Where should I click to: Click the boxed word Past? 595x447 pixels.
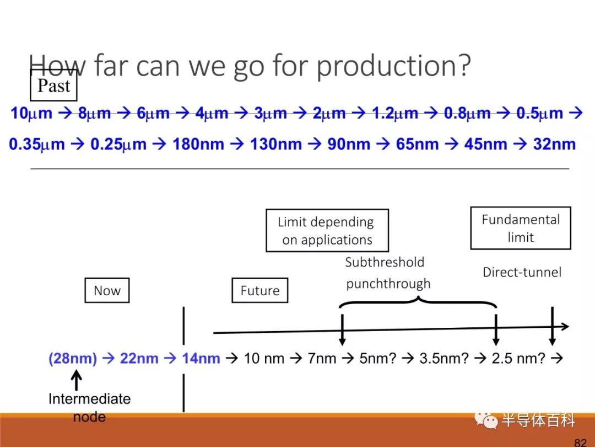click(53, 86)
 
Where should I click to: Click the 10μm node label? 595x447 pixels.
click(31, 113)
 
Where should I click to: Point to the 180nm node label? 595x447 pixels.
click(198, 144)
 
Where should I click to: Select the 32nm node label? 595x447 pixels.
click(554, 144)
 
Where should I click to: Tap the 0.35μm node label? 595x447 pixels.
click(37, 144)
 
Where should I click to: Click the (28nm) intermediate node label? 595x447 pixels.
click(73, 359)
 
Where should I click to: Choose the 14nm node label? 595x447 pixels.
click(201, 359)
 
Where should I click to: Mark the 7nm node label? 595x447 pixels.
click(322, 359)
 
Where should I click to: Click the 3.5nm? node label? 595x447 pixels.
click(444, 359)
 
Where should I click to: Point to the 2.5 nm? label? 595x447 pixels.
click(518, 359)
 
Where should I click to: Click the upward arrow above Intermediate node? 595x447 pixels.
click(77, 380)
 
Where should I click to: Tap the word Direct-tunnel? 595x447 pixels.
click(522, 272)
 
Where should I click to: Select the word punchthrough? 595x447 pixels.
click(388, 284)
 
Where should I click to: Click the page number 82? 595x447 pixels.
click(580, 442)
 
